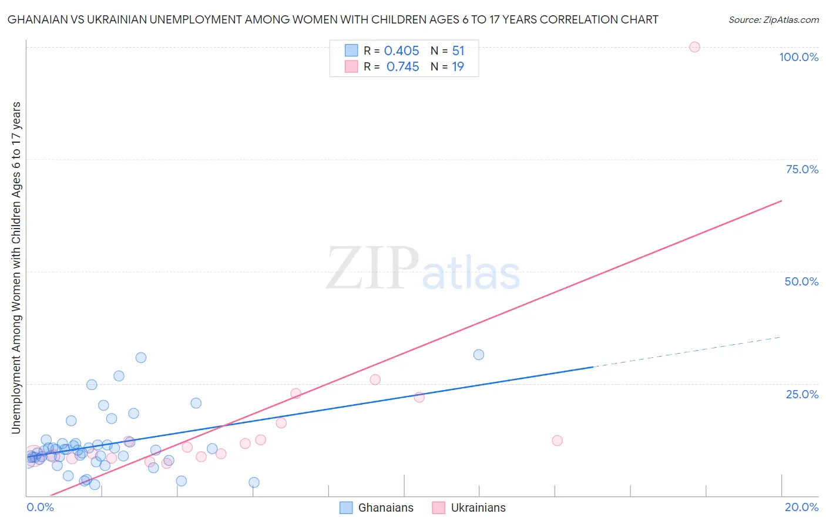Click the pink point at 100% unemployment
click(x=694, y=47)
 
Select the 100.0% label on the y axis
click(x=798, y=57)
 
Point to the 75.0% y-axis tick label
click(x=802, y=169)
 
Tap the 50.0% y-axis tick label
click(x=801, y=281)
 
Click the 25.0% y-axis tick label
click(x=802, y=394)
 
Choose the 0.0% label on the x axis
click(x=40, y=507)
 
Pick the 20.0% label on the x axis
click(x=801, y=507)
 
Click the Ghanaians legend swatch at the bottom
click(x=346, y=508)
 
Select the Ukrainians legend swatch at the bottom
click(x=439, y=508)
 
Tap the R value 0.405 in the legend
click(x=402, y=51)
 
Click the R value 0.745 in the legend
click(x=402, y=67)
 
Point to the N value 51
click(x=458, y=51)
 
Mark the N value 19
click(x=458, y=67)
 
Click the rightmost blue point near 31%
click(x=479, y=355)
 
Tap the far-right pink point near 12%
click(x=558, y=441)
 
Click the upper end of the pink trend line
click(x=781, y=201)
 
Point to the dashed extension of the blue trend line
click(x=687, y=352)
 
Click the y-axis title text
click(x=16, y=268)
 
